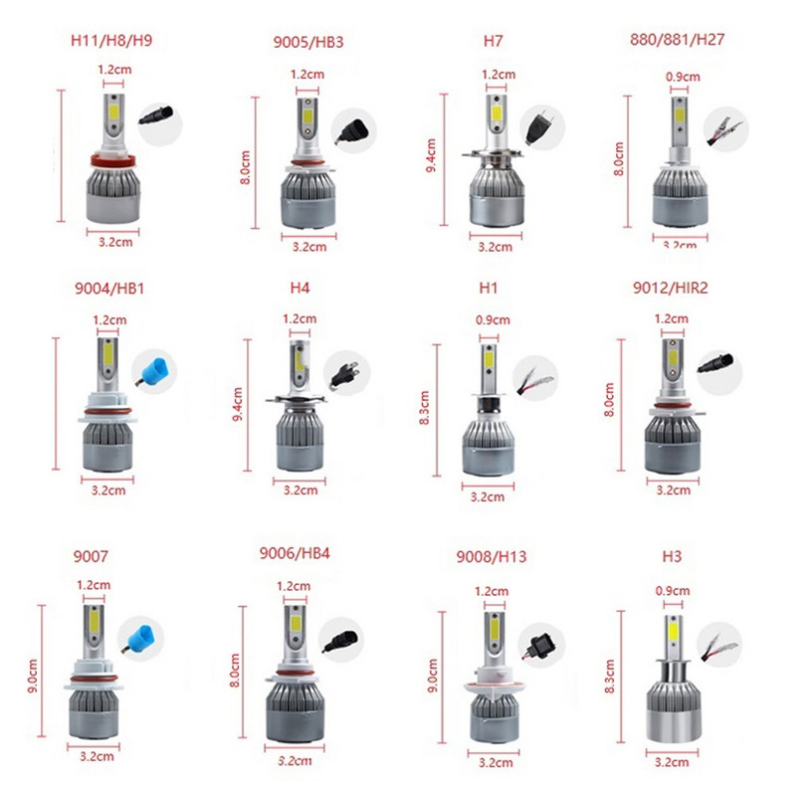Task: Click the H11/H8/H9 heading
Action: pos(109,44)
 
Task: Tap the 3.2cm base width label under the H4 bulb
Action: pos(298,490)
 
